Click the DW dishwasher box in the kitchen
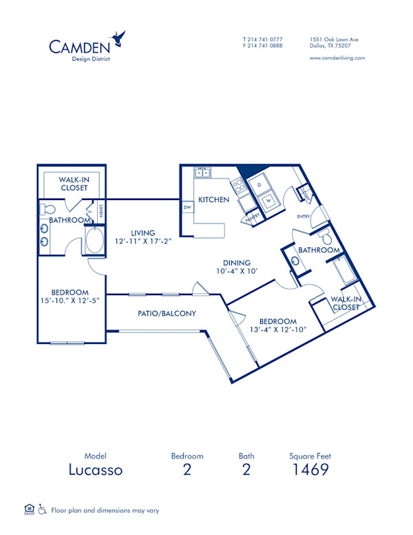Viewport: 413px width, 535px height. coord(187,207)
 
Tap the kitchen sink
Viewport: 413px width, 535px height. coord(204,173)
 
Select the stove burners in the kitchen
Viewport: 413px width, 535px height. coord(237,185)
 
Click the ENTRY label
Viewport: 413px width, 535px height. coord(304,216)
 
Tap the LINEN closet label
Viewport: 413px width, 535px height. coord(100,211)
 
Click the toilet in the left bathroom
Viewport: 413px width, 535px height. coord(48,209)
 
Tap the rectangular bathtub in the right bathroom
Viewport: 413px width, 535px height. coord(342,272)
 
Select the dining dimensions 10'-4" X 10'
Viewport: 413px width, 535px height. coord(235,271)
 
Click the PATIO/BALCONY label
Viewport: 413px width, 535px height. coord(167,313)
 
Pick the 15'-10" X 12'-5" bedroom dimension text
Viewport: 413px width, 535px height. coord(70,301)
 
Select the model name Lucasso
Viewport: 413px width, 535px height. coord(96,470)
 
